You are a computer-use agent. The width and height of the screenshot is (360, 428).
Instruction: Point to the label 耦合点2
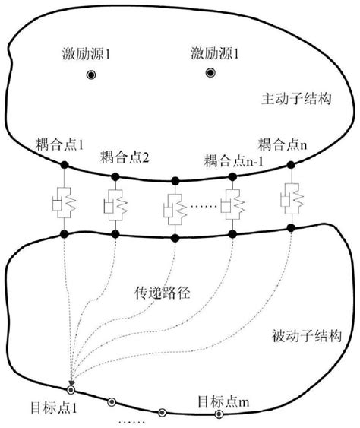123,157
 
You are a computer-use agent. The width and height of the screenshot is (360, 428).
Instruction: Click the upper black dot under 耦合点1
65,163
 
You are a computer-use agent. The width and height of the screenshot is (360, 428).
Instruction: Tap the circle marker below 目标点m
219,414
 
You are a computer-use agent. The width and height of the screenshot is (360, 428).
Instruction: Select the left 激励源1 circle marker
90,75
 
